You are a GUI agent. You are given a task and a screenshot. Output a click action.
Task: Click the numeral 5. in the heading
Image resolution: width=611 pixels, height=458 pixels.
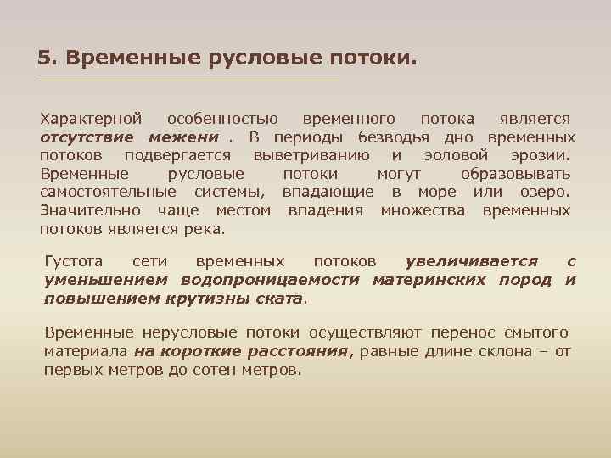47,59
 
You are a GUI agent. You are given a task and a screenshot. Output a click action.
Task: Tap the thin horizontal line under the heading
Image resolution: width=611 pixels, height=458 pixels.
188,81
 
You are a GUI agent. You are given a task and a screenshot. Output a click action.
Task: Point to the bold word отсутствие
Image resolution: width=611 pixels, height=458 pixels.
87,137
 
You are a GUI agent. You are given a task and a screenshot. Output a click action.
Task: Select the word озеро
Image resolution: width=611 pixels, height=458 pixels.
544,193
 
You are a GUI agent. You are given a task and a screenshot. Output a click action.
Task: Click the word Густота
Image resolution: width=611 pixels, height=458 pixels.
74,262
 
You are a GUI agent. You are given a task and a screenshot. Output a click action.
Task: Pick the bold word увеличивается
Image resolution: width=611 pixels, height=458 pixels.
471,262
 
